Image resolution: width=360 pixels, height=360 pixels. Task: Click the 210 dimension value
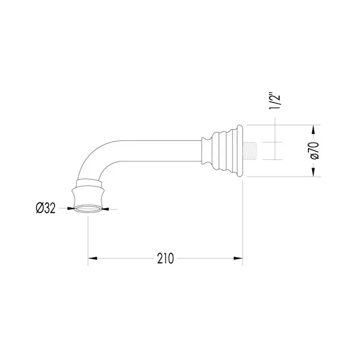click(165, 259)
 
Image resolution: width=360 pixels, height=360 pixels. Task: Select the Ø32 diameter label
click(46, 208)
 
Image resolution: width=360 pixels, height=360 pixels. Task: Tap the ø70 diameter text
click(314, 151)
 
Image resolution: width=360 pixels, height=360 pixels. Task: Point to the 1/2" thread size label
click(275, 101)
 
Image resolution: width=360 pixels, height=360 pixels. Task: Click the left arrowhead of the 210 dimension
click(92, 258)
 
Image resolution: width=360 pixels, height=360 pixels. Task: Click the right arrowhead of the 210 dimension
click(238, 258)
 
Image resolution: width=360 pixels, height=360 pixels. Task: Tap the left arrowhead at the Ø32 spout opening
click(70, 208)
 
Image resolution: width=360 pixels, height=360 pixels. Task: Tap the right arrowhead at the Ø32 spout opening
click(105, 209)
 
